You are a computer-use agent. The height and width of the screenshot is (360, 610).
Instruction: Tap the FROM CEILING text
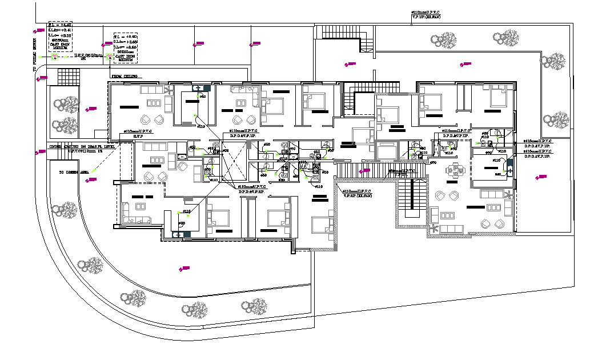(x=124, y=76)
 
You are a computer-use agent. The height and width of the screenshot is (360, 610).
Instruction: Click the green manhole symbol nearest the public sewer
(x=54, y=57)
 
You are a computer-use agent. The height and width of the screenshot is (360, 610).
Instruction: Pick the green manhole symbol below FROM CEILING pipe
(x=108, y=57)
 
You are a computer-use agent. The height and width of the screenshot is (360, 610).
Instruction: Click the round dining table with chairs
(x=455, y=170)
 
